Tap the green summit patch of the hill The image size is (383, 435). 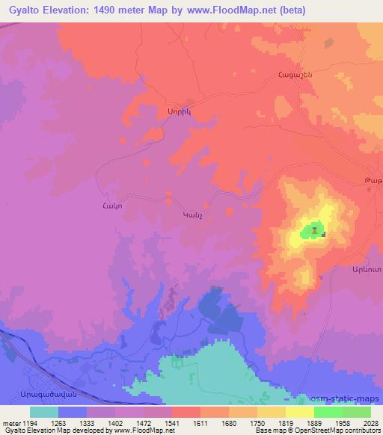(312, 232)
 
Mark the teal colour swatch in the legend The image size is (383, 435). (44, 412)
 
